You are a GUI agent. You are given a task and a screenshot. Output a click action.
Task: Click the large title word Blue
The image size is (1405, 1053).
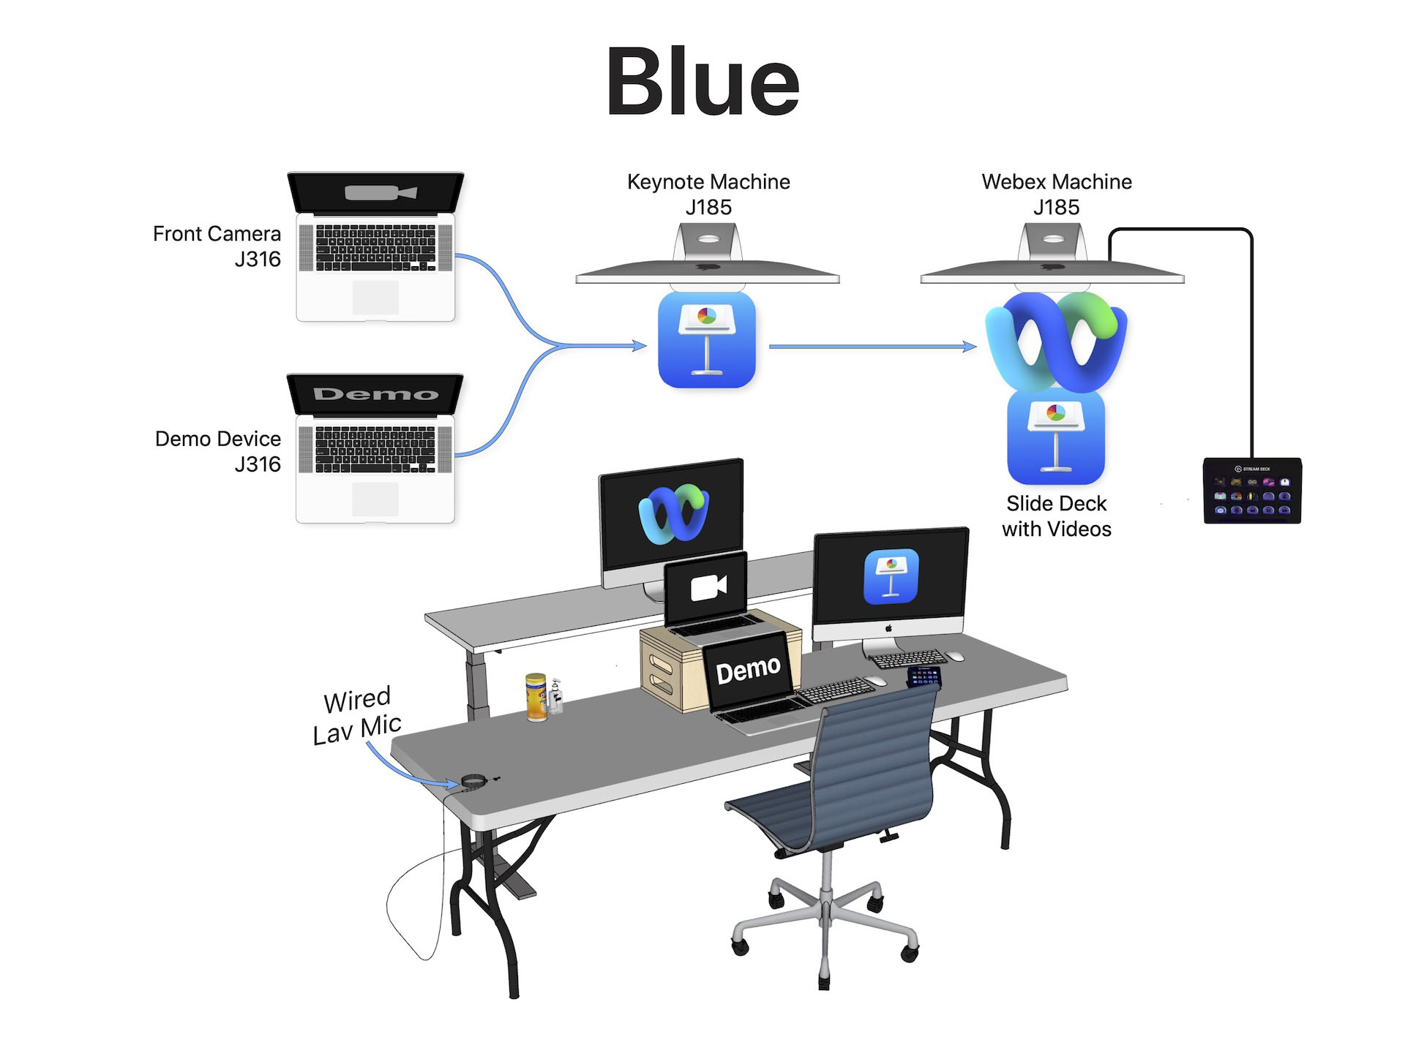[702, 82]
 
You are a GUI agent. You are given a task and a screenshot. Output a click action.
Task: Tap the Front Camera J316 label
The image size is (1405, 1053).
[217, 246]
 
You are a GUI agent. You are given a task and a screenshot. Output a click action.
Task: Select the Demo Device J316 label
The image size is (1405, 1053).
[218, 450]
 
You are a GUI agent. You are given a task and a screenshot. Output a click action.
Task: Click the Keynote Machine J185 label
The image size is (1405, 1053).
[708, 194]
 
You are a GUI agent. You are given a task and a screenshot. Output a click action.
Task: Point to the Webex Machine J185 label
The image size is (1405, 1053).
[1056, 194]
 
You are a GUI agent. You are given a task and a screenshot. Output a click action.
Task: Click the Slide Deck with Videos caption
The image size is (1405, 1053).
[1056, 516]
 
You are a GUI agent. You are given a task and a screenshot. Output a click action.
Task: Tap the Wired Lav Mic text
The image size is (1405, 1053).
[356, 714]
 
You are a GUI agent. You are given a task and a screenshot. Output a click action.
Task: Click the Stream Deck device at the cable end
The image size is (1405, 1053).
[1252, 490]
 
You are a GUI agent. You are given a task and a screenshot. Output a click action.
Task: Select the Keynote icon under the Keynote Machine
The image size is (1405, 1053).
[707, 340]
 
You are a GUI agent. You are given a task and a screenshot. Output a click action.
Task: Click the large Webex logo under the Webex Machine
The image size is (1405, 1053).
[1056, 340]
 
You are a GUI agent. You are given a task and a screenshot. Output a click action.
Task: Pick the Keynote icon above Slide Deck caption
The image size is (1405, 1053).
[1056, 437]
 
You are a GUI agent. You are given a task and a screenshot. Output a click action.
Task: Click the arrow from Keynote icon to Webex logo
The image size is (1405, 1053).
[871, 347]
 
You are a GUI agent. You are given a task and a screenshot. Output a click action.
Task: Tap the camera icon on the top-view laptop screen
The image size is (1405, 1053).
[381, 193]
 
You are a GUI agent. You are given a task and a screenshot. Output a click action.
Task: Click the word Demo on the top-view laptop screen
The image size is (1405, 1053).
[375, 394]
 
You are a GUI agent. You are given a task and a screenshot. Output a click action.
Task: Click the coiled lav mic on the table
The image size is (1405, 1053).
[473, 782]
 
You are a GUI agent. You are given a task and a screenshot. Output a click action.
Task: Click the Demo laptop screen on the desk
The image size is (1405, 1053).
[748, 670]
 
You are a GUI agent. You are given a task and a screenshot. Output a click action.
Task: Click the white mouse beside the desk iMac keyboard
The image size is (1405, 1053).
[954, 656]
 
